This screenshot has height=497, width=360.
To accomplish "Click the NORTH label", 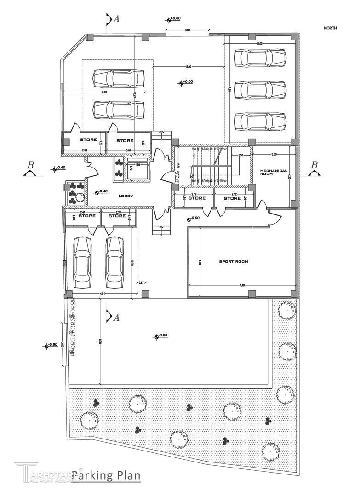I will (330, 28).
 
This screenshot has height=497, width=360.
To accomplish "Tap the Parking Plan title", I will (106, 475).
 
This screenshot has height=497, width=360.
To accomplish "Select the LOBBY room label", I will (126, 196).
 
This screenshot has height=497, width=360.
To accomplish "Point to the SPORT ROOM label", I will (233, 262).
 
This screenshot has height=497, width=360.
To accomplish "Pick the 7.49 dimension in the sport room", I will (242, 286).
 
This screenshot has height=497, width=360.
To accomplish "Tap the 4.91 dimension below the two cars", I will (104, 293).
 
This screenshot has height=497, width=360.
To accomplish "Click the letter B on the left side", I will (31, 165).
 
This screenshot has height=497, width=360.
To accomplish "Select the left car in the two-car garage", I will (83, 262).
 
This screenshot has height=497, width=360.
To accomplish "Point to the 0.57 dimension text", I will (142, 283).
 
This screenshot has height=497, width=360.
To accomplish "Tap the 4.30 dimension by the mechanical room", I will (289, 175).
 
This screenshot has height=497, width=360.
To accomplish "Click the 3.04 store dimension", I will (128, 150).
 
